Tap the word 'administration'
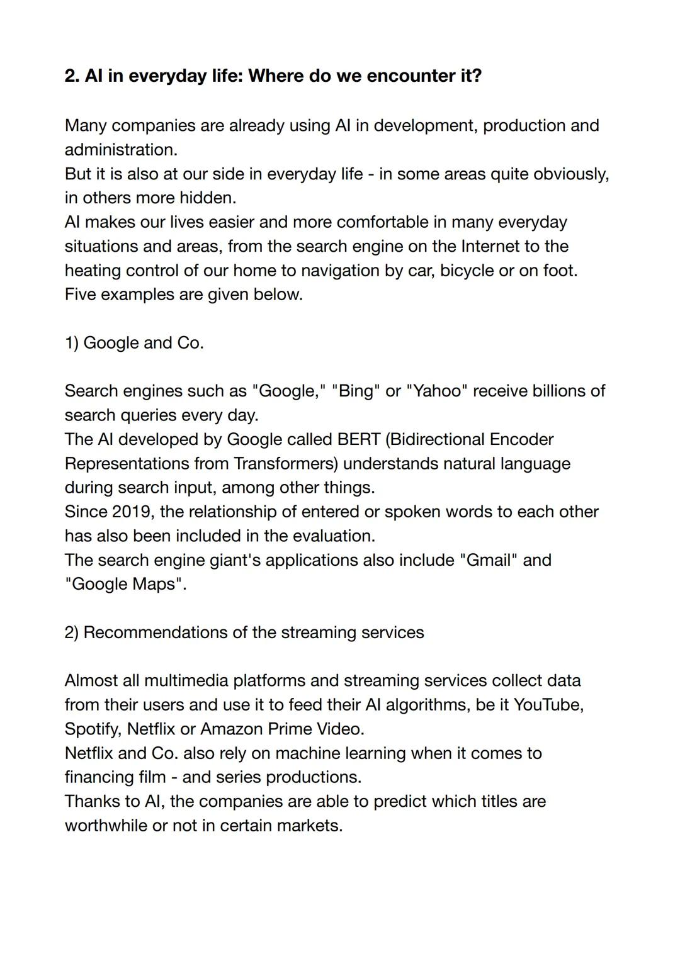point(120,150)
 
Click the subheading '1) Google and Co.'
point(134,343)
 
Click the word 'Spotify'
point(93,729)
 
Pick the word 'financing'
point(99,777)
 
